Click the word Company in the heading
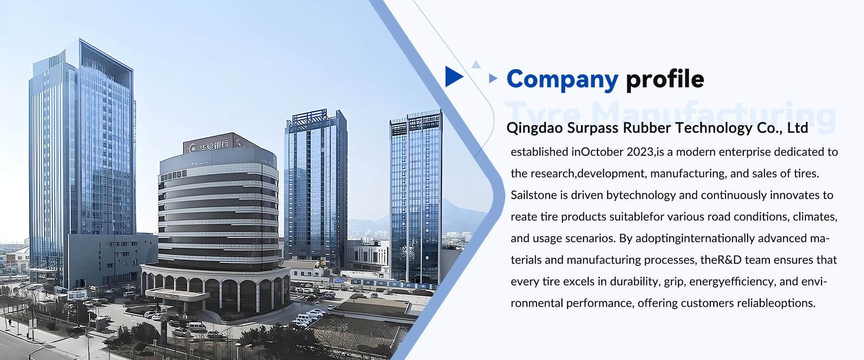point(562,80)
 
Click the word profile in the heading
point(665,80)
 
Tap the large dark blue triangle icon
point(453,76)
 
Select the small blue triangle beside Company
point(493,78)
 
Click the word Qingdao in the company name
point(534,128)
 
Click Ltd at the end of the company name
point(797,128)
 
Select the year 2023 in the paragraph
point(640,152)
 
